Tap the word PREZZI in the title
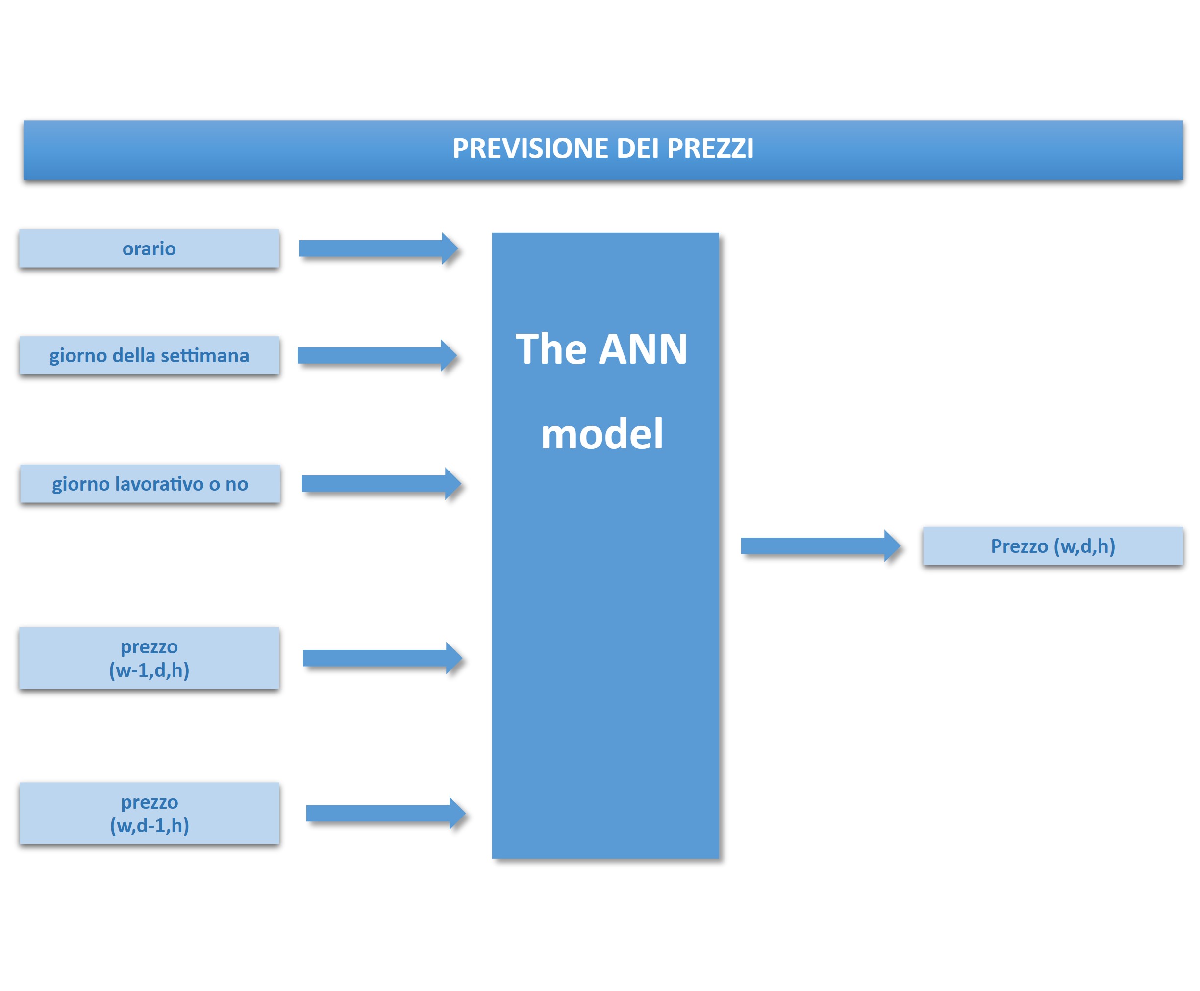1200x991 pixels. [710, 149]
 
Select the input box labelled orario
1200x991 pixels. [149, 248]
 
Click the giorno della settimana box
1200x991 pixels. [149, 355]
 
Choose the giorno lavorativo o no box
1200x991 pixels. [150, 484]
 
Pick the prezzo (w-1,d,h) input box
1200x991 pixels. [149, 658]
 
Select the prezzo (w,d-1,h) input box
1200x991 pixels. [150, 813]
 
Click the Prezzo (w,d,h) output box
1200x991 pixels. [1053, 545]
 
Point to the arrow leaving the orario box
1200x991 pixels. [378, 248]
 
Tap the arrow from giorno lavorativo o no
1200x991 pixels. [381, 484]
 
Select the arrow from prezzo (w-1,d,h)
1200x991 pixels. [382, 658]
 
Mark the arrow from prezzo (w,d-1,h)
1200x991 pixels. [386, 814]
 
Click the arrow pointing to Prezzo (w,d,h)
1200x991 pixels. [821, 545]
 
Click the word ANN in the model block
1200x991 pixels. [643, 349]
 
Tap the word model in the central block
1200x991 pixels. [601, 434]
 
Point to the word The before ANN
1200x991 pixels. [551, 349]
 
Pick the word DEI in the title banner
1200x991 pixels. [638, 149]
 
